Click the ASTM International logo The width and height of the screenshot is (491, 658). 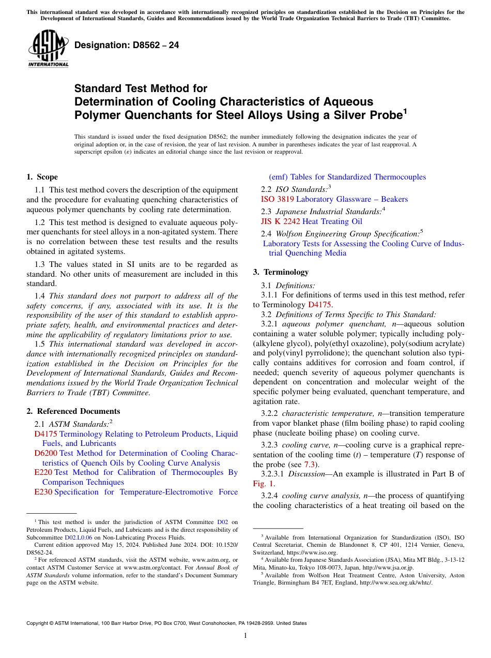point(48,49)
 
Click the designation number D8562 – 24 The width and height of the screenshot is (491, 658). point(127,45)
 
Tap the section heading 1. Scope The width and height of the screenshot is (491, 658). point(42,177)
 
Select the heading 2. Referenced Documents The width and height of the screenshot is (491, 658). point(73,411)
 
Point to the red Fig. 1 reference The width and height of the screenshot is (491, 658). point(264,484)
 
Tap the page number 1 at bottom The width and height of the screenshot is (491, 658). point(245,636)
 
